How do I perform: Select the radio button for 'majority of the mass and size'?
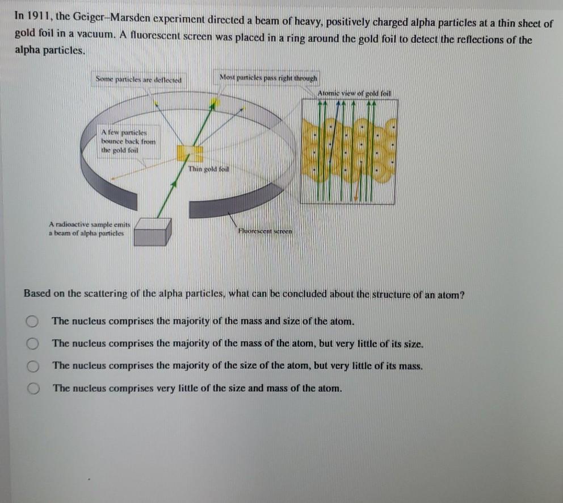[x=33, y=322]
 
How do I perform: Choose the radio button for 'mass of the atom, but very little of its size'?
[x=33, y=344]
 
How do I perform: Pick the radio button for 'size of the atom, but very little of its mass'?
[x=33, y=366]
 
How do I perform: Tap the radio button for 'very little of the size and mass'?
[x=33, y=389]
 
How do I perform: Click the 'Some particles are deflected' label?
[x=138, y=80]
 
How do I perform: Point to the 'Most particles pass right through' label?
[x=269, y=77]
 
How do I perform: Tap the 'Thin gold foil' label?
[x=209, y=169]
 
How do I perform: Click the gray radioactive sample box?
[x=152, y=231]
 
